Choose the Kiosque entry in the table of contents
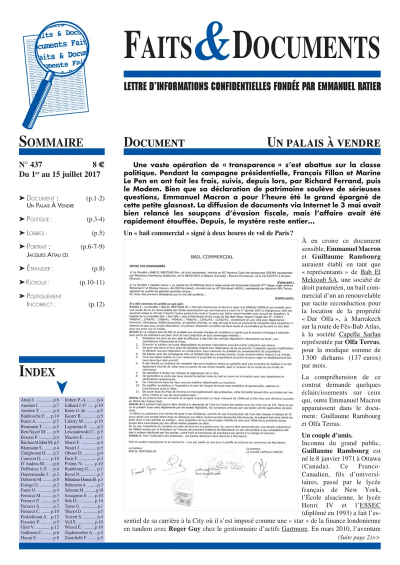click(x=33, y=282)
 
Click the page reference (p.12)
click(x=95, y=304)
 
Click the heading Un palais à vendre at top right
click(x=324, y=142)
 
